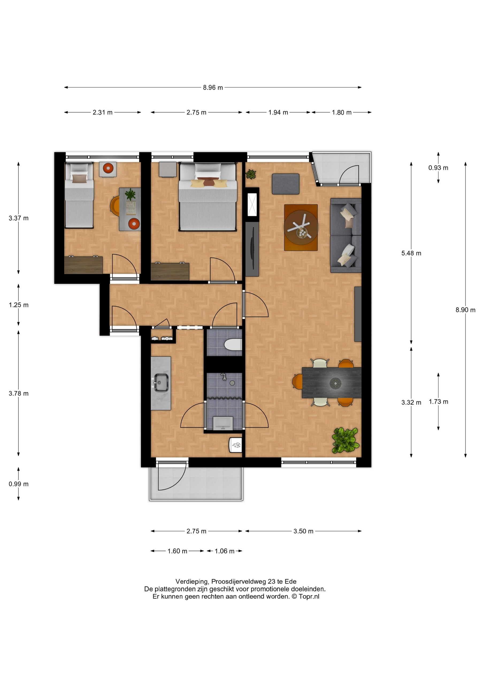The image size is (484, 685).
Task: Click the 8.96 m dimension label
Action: coord(213,87)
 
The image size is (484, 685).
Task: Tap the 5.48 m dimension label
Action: coord(411,253)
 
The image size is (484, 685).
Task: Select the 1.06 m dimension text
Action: coord(225,551)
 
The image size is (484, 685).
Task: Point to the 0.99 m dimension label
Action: coord(18,484)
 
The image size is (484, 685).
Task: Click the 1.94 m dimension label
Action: coord(278,112)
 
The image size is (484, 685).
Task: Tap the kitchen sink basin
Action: coord(161,382)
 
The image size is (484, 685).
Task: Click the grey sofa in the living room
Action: coord(346,235)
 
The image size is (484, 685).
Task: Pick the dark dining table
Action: coord(331,383)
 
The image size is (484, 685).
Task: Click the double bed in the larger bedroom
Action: coord(208,197)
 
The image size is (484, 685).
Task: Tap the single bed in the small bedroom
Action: coord(79,195)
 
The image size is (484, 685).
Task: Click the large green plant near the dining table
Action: coord(345,440)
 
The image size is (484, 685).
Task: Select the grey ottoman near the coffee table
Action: coord(285,184)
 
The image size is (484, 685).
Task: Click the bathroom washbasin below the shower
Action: coord(223,423)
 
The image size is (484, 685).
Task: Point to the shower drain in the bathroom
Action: coord(232,383)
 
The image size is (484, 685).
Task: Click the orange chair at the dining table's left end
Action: coord(297,382)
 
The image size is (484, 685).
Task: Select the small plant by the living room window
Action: coord(251,174)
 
